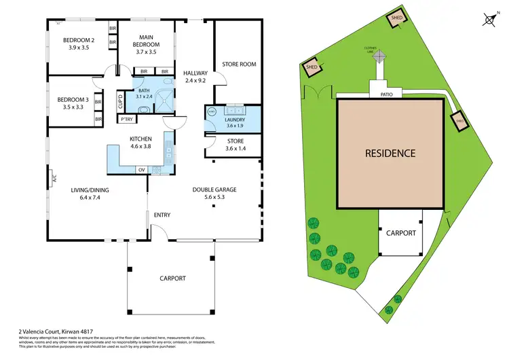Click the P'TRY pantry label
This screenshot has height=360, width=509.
pyautogui.click(x=126, y=120)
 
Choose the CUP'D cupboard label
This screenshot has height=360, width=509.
pyautogui.click(x=120, y=102)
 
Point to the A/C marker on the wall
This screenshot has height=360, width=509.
pyautogui.click(x=52, y=180)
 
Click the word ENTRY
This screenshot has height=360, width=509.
pyautogui.click(x=162, y=215)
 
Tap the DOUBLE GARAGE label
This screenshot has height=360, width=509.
pyautogui.click(x=214, y=190)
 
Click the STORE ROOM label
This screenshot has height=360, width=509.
pyautogui.click(x=239, y=65)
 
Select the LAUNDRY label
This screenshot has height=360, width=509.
pyautogui.click(x=235, y=119)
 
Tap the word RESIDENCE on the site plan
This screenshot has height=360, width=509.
pyautogui.click(x=390, y=153)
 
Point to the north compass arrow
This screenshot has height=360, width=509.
pyautogui.click(x=489, y=19)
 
